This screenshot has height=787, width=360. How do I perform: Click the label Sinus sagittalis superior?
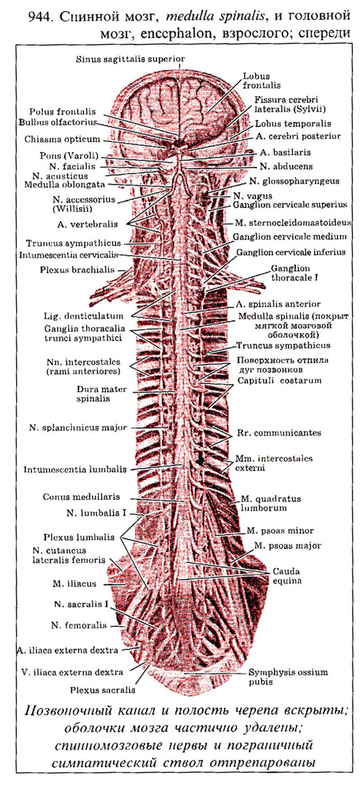(x=131, y=59)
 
